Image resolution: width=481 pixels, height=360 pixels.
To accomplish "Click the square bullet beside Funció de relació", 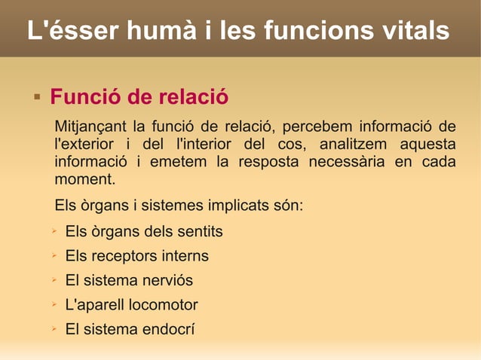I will [x=36, y=97].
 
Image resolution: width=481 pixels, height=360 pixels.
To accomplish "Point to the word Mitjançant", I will [x=89, y=125].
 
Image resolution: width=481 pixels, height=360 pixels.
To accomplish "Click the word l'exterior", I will [x=84, y=144].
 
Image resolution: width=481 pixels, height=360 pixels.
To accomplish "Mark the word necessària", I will [x=352, y=162].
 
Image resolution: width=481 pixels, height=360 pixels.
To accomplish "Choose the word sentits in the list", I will [x=200, y=231].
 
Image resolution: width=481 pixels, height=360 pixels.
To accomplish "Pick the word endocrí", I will [x=168, y=330].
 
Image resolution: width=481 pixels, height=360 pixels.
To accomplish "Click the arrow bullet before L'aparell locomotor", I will [x=54, y=304].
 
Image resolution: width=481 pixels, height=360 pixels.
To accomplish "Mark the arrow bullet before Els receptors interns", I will [x=54, y=255].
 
